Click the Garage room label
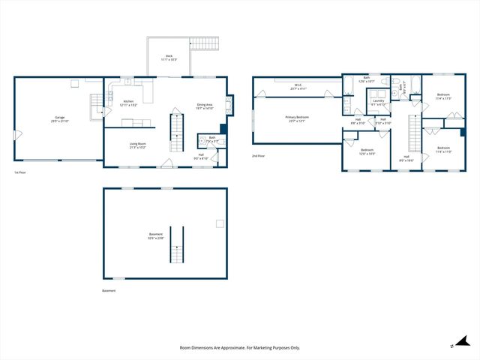[58, 119]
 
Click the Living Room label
[137, 145]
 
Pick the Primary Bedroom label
[296, 119]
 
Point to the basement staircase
[176, 244]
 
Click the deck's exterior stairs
[206, 43]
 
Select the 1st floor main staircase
[178, 131]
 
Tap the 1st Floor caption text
[21, 172]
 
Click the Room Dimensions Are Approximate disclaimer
[239, 347]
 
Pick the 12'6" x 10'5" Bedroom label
[367, 151]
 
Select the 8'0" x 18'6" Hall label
[406, 158]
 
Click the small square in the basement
[219, 223]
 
